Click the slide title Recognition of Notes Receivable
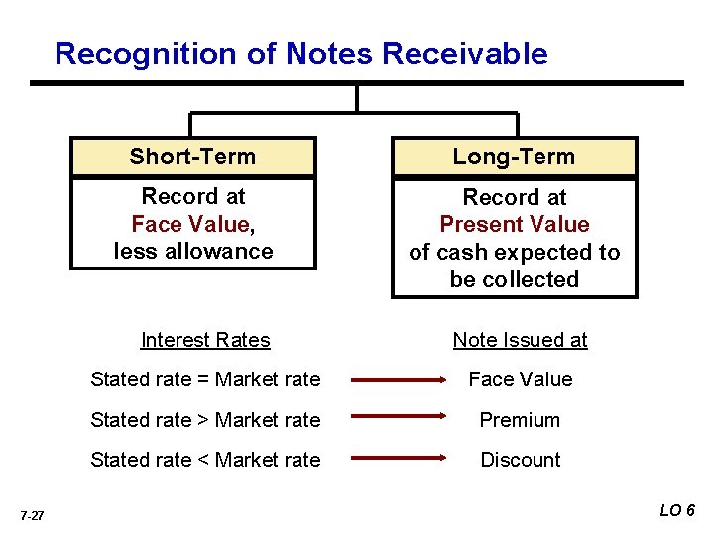(x=300, y=53)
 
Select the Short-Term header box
(x=192, y=157)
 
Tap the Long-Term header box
(x=514, y=157)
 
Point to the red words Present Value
(x=514, y=225)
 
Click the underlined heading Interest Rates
(x=205, y=340)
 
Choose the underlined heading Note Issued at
(x=520, y=340)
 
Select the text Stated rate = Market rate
(x=205, y=379)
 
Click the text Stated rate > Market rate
(x=205, y=420)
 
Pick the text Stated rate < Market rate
(x=205, y=460)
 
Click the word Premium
(x=520, y=420)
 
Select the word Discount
(x=520, y=460)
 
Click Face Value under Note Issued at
(x=520, y=379)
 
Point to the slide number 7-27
(x=31, y=516)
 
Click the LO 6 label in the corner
(x=677, y=510)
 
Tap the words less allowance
(x=192, y=252)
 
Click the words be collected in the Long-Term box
(x=514, y=280)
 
